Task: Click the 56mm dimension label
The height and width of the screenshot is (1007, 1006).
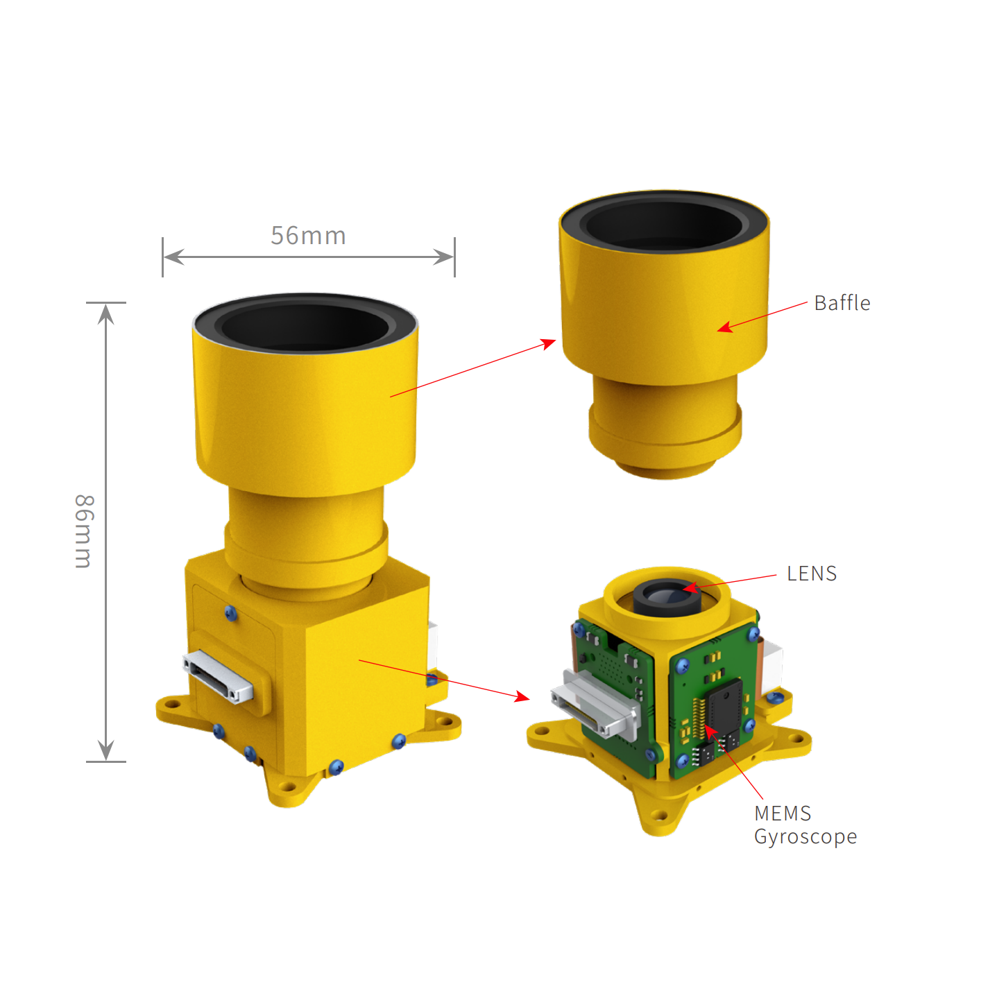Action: pyautogui.click(x=308, y=236)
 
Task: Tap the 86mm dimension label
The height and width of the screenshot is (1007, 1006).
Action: pyautogui.click(x=84, y=531)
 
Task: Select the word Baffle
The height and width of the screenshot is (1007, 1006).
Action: pyautogui.click(x=842, y=303)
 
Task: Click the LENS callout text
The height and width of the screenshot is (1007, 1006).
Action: pyautogui.click(x=812, y=574)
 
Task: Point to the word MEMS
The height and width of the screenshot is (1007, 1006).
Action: pyautogui.click(x=782, y=813)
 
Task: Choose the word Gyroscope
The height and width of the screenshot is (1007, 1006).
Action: pyautogui.click(x=805, y=837)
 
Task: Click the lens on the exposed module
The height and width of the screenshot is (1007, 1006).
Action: pyautogui.click(x=667, y=596)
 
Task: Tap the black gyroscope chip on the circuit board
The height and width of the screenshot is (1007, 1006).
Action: pyautogui.click(x=725, y=706)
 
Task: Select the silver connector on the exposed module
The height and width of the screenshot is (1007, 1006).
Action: pyautogui.click(x=596, y=703)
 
